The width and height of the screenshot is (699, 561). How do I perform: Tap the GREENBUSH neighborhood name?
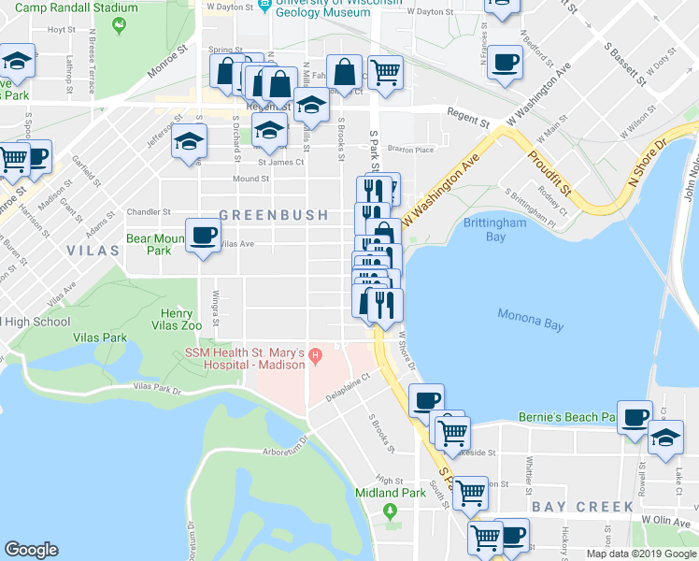coord(274,215)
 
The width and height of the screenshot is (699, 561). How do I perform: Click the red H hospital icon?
coord(316,354)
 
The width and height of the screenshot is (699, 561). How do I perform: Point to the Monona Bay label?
coord(530,320)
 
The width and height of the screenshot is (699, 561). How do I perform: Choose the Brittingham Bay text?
coord(494,230)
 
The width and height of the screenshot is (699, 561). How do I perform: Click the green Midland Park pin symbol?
coord(391,511)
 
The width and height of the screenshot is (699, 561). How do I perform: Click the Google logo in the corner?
coord(32,550)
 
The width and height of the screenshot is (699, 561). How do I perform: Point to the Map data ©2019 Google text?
coord(641,554)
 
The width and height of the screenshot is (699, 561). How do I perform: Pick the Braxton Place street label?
coord(411,150)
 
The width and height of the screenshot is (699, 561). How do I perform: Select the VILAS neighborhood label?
coord(93,251)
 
